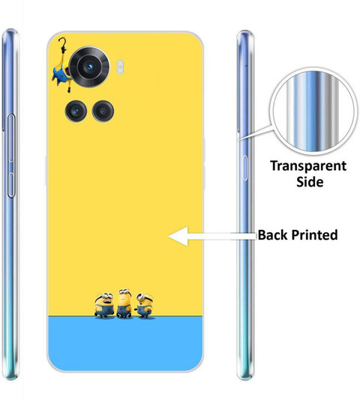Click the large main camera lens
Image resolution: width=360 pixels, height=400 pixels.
point(89,67)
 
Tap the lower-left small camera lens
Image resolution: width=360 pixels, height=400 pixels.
point(76,111)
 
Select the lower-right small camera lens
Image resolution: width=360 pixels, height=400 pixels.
point(103,111)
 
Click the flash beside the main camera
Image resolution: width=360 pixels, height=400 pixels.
point(120,67)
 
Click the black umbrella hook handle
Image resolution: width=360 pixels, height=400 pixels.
point(62,45)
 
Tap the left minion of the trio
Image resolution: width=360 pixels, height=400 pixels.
point(104,306)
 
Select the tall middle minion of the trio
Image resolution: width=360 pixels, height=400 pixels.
point(124,303)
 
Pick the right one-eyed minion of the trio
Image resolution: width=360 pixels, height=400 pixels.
point(145,306)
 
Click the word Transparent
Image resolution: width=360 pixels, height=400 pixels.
point(308,166)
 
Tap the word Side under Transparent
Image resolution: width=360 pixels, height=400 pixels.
point(310,182)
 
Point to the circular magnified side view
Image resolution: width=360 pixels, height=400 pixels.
point(313,112)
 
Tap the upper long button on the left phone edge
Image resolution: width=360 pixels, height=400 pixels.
point(11,138)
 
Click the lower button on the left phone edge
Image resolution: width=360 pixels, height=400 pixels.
point(11,185)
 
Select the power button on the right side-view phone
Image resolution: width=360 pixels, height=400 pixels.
point(244,168)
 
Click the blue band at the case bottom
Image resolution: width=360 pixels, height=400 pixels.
point(125,344)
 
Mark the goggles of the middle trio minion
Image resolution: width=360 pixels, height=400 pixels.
point(125,291)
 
